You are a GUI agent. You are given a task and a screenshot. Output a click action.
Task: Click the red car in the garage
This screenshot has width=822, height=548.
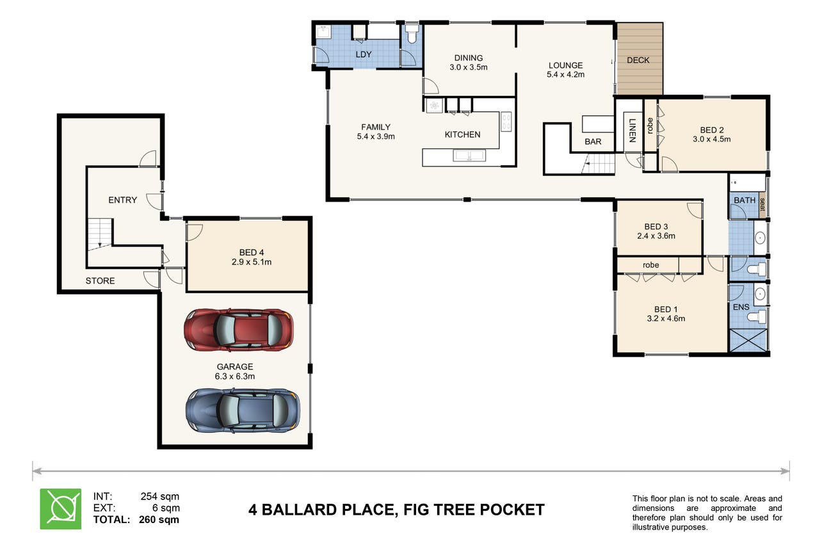239,330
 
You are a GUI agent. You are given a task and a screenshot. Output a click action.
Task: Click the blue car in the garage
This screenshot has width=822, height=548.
243,410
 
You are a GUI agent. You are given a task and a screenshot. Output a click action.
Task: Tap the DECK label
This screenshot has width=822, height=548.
638,60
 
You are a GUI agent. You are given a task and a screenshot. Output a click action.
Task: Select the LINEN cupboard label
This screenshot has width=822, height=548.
632,131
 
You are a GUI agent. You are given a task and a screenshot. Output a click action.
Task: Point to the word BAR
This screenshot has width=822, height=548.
593,141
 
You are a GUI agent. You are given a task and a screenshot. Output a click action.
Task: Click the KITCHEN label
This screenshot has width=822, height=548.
462,134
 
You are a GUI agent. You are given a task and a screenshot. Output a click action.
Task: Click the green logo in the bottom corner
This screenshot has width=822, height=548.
61,509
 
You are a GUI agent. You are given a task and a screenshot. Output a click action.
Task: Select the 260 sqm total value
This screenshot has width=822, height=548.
159,520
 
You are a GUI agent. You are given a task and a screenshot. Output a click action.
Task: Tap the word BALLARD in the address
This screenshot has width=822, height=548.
299,510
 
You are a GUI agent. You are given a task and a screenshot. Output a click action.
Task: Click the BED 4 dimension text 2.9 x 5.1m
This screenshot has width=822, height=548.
252,262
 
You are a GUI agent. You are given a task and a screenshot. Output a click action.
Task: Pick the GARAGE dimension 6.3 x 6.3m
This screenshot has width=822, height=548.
235,376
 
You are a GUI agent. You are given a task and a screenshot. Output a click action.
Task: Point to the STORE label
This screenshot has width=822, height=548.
100,281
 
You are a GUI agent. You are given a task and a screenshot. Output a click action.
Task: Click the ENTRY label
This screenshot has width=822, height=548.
122,200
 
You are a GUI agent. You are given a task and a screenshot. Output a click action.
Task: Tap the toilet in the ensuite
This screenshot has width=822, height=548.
757,316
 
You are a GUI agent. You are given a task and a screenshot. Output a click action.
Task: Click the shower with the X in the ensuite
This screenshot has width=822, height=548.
748,340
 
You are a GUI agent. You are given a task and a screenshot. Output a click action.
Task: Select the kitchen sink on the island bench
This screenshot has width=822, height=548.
469,156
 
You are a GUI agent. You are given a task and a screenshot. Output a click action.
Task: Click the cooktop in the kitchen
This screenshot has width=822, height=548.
506,122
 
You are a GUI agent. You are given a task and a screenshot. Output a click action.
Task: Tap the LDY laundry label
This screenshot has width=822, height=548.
364,54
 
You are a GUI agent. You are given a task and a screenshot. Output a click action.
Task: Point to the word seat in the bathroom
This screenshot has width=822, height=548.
762,204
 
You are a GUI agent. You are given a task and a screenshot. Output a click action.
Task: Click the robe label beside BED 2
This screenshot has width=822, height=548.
650,125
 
